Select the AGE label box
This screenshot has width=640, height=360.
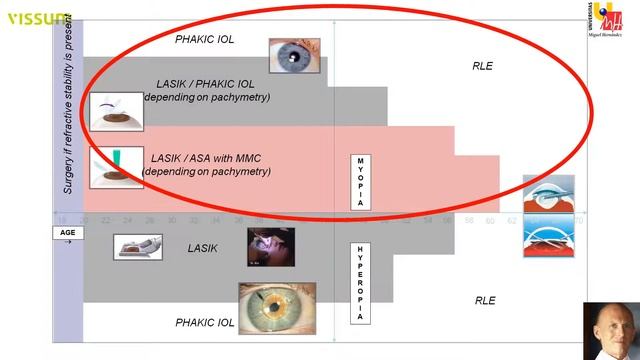65,232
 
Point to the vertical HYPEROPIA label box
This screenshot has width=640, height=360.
360,282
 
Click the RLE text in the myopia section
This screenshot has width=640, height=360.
483,66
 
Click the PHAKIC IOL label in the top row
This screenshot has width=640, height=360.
204,39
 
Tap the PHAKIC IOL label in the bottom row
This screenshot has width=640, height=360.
204,323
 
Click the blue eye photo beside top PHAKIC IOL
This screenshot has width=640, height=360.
293,56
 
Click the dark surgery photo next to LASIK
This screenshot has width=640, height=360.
271,247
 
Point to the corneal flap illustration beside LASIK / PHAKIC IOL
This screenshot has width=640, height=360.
116,111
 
